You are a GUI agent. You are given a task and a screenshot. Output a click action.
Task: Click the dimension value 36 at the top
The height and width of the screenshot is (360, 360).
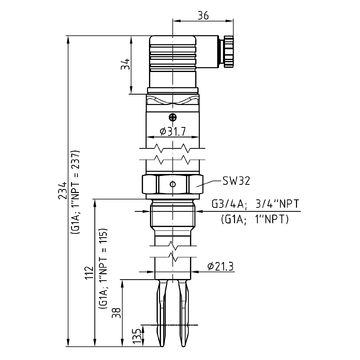coord(203,15)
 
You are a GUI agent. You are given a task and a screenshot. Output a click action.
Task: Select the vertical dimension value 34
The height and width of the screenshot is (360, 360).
coord(125,64)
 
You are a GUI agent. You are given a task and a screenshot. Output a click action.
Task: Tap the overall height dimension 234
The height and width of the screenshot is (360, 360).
coord(62,190)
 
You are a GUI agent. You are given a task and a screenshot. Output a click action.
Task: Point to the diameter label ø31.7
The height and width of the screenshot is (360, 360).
coord(173,131)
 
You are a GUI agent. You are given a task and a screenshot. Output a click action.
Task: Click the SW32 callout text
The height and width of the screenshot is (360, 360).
coord(236,181)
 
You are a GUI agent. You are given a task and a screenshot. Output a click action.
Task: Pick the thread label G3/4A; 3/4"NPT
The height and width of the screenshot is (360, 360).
coord(255,204)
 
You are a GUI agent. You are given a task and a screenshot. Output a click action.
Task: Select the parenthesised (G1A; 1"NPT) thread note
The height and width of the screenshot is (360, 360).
coord(255,220)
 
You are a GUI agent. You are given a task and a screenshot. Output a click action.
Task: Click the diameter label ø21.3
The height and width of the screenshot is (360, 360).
coord(220,267)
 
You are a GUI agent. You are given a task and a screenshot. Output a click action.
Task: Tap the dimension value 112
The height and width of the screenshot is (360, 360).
coord(89,273)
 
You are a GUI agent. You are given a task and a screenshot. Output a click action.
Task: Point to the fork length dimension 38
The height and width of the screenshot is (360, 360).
coord(117,312)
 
